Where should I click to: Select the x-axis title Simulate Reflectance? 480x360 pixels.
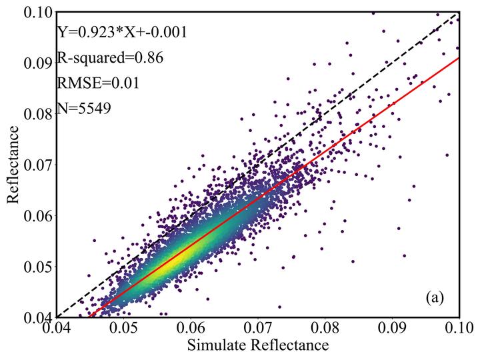coord(257,345)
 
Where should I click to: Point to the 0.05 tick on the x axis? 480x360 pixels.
coord(123,328)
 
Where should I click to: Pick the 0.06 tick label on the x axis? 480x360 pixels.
coord(191,328)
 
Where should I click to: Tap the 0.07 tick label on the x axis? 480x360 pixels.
coord(258,328)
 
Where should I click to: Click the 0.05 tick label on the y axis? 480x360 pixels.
coord(39,266)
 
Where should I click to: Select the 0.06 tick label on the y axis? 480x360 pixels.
coord(39,215)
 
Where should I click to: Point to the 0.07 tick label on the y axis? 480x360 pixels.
coord(39,164)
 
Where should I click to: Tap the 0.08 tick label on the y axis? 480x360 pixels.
coord(39,113)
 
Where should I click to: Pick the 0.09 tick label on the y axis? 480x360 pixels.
coord(39,63)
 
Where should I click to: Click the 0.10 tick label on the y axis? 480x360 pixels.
coord(39,13)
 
